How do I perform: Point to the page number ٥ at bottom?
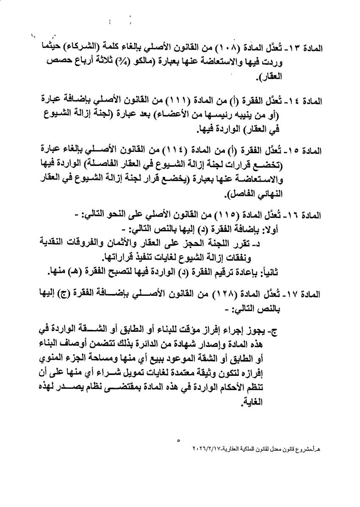[x=179, y=441]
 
